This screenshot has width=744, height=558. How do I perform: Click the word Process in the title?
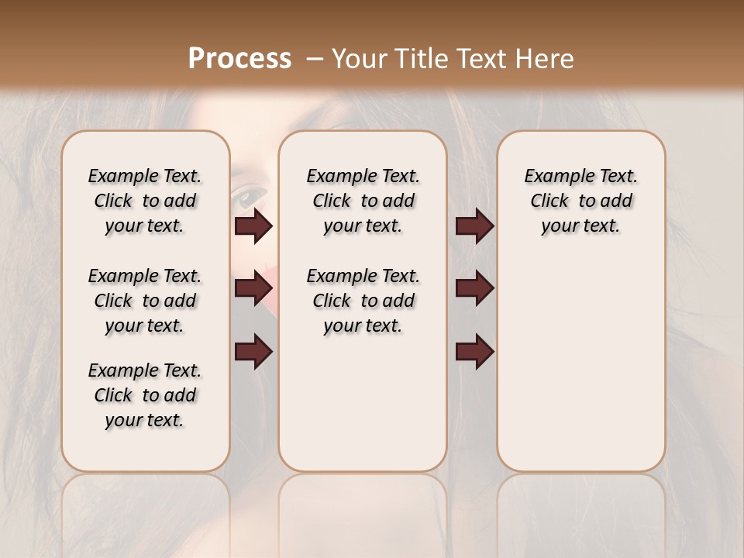[239, 58]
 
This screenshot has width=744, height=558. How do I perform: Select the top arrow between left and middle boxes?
[253, 226]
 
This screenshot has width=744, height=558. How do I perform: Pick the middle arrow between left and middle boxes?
[253, 288]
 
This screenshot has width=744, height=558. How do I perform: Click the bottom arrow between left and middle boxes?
[253, 353]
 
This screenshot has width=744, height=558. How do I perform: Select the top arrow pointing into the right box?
[474, 226]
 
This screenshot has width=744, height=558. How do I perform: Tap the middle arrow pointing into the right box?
[474, 288]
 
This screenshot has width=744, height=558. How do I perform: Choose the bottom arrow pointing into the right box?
[474, 353]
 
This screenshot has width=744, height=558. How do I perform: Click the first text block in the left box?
[145, 201]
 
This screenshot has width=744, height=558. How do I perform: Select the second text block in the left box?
[145, 301]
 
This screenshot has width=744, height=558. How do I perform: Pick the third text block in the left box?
[145, 395]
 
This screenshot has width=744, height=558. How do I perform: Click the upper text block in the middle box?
[363, 201]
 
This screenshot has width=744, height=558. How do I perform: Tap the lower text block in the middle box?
[363, 301]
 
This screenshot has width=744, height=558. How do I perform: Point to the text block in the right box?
[580, 201]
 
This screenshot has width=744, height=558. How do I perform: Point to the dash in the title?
[315, 58]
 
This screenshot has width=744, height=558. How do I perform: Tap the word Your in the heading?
[357, 58]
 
